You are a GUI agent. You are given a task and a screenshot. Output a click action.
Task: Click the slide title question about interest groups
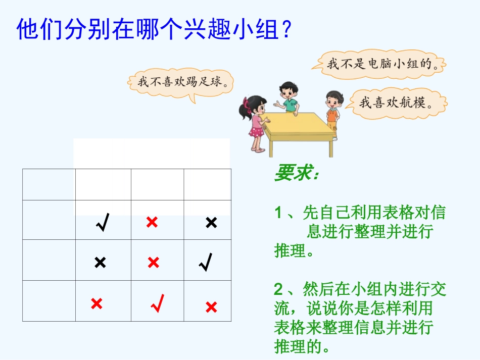pos(155,29)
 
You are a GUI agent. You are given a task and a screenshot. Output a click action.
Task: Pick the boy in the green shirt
pos(289,99)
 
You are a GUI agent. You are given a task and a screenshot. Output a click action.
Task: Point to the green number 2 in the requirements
pos(278,290)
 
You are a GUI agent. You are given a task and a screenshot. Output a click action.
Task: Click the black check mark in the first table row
pos(103,222)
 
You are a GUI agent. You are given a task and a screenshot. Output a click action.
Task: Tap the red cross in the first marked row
pos(152,222)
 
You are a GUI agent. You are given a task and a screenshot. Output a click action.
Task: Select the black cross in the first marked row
pos(211,222)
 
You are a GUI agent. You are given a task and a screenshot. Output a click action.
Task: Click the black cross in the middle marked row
pos(100,262)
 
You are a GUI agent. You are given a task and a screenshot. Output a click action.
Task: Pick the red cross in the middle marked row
pos(153,262)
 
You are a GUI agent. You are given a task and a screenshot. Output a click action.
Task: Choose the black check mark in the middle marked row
pos(205,262)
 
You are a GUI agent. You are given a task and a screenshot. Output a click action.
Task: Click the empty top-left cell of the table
pos(49,184)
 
